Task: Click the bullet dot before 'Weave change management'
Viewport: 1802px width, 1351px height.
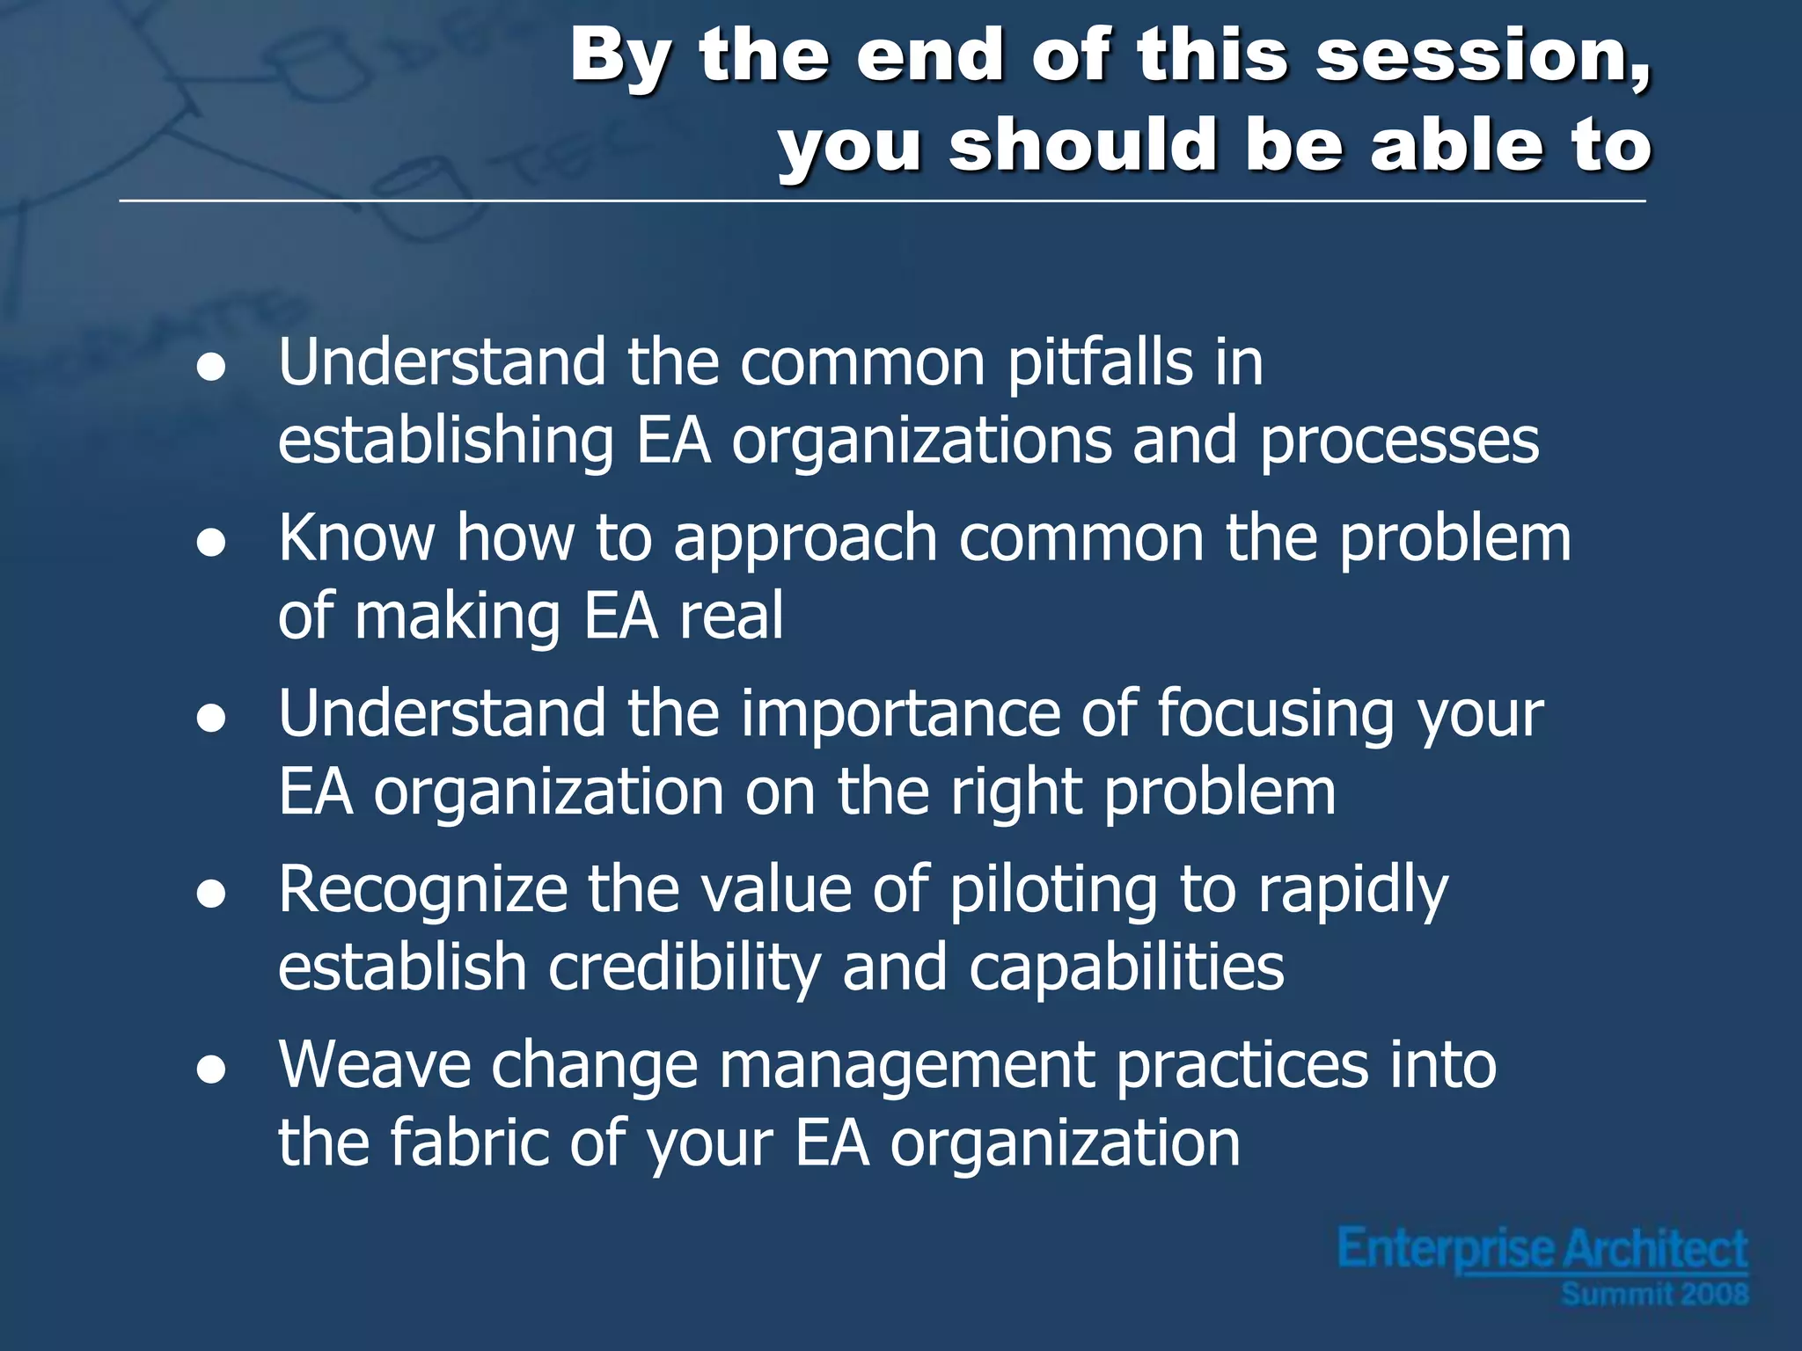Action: pos(211,1071)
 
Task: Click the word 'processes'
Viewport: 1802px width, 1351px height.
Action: pos(1399,442)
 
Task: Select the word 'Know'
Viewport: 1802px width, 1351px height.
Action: pos(356,537)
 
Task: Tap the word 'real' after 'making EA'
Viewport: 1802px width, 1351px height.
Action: pos(731,616)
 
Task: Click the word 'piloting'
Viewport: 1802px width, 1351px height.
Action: pos(1053,890)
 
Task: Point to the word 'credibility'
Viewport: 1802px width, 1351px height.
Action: pos(684,968)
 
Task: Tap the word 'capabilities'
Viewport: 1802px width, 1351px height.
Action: pos(1126,968)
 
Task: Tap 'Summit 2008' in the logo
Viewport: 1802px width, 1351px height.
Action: pos(1654,1294)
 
